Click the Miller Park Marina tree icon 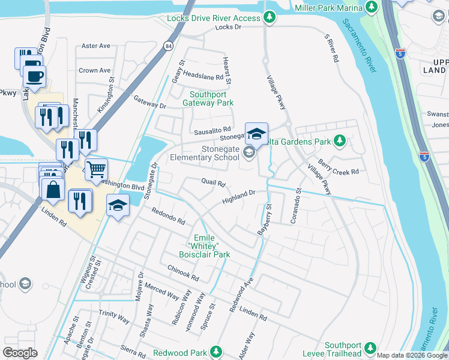(372, 7)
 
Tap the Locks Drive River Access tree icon (270, 18)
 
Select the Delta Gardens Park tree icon (340, 142)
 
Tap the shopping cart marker (95, 169)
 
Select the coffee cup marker (34, 76)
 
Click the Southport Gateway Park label (212, 98)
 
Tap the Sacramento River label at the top (360, 46)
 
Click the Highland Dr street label (239, 196)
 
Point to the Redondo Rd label (168, 216)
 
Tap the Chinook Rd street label (183, 272)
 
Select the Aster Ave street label (96, 46)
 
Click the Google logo (20, 353)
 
